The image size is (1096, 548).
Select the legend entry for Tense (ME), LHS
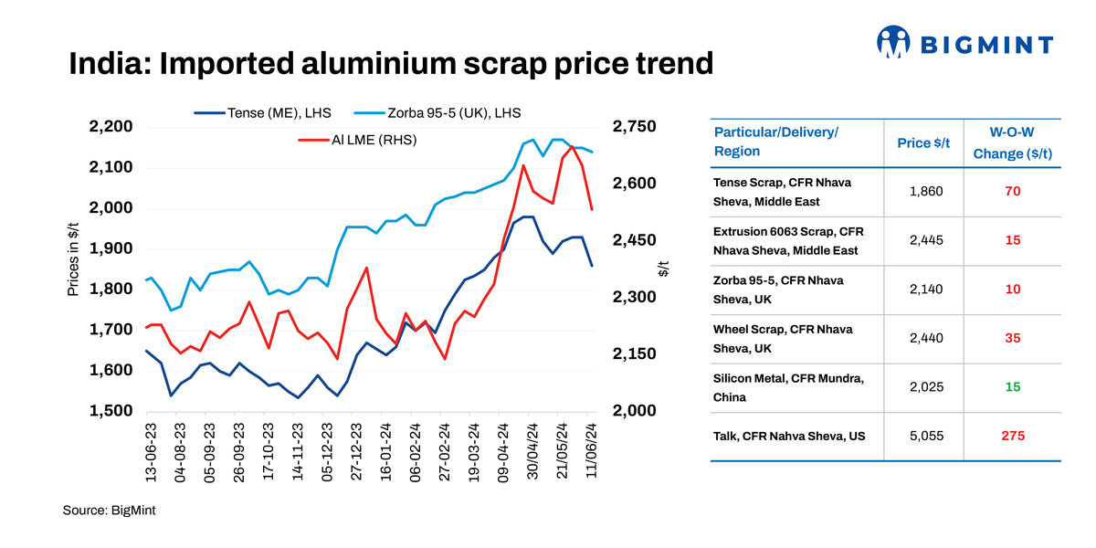coord(263,113)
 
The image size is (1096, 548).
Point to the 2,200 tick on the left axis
coord(111,127)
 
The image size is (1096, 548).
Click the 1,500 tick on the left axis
coord(111,411)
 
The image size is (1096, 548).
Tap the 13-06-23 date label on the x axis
coord(152,449)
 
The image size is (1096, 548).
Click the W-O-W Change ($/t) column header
coord(1012,142)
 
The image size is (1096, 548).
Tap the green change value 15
coord(1012,388)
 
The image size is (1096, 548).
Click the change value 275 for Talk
coord(1012,437)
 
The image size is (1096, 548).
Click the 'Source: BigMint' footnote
coord(109,510)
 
